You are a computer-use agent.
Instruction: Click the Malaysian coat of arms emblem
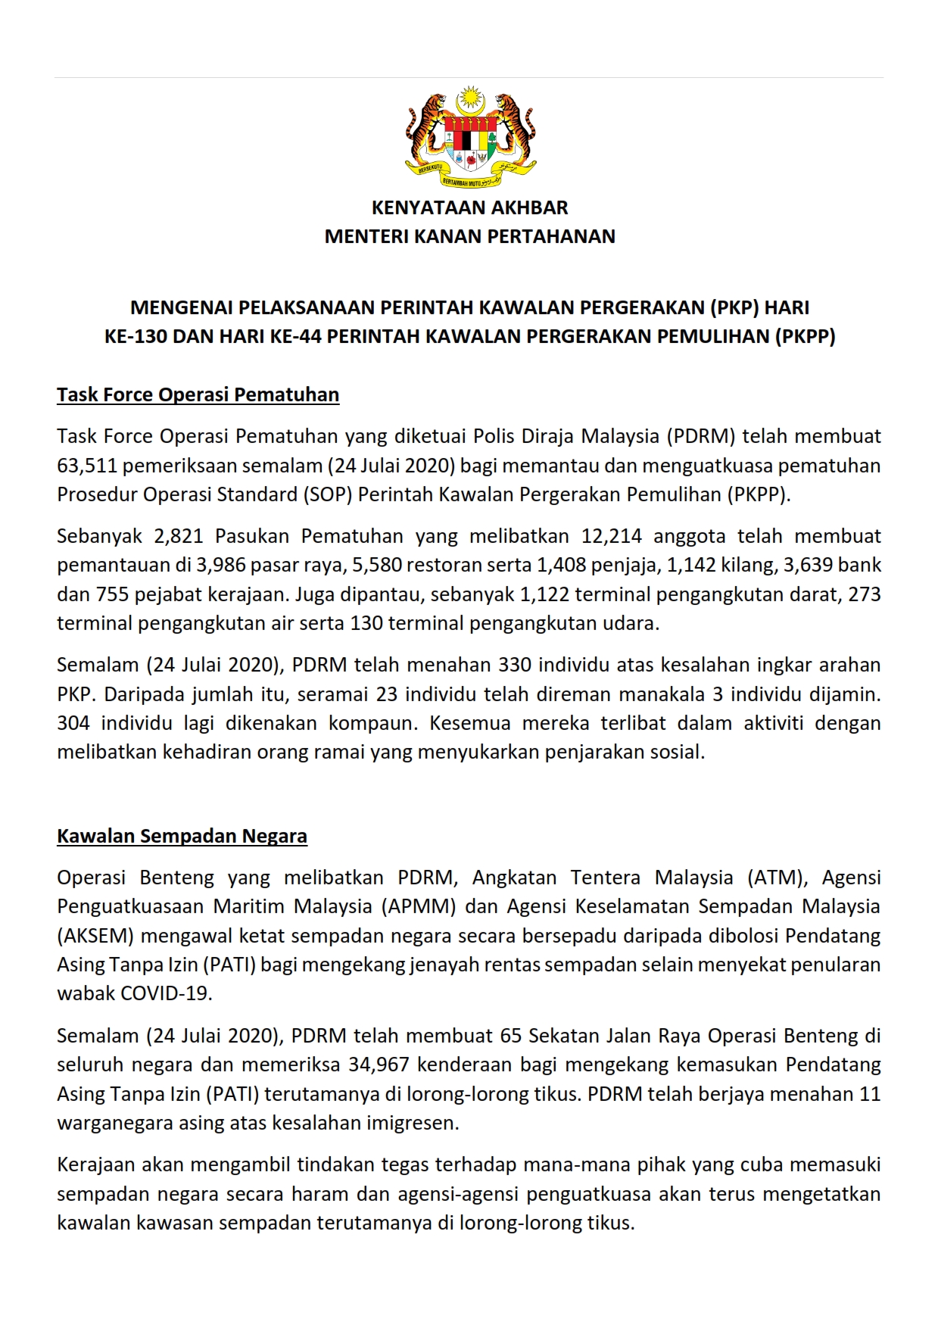click(470, 136)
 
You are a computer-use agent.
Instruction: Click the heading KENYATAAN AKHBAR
click(469, 207)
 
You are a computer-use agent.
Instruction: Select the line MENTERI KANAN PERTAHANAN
click(469, 237)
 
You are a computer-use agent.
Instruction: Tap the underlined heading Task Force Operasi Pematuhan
click(198, 395)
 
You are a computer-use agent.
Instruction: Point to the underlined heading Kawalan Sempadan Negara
click(182, 837)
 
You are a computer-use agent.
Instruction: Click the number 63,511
click(86, 466)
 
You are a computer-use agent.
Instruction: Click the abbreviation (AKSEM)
click(95, 937)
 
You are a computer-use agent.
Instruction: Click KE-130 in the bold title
click(136, 337)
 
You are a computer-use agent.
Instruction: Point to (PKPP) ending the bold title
click(806, 337)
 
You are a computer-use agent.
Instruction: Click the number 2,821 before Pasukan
click(179, 537)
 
